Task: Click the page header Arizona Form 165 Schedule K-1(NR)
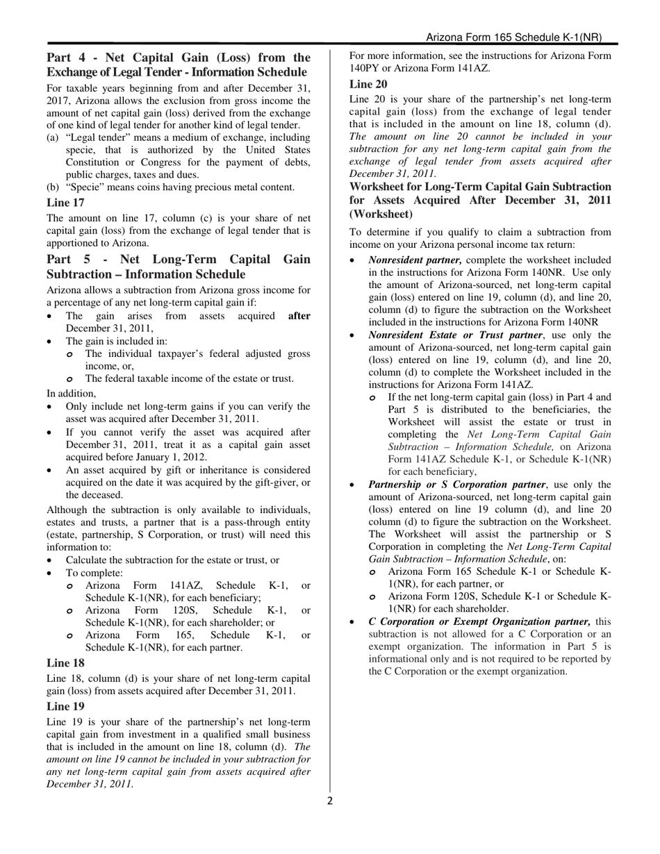[x=513, y=37]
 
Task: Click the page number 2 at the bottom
[x=330, y=801]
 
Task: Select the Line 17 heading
[x=65, y=203]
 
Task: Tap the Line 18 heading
[x=65, y=662]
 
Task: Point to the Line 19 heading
[x=65, y=706]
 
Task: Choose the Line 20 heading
[x=368, y=84]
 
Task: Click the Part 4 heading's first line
[x=179, y=58]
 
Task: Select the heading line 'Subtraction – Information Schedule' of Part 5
[x=146, y=274]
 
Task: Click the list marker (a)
[x=53, y=137]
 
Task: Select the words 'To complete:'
[x=94, y=573]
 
